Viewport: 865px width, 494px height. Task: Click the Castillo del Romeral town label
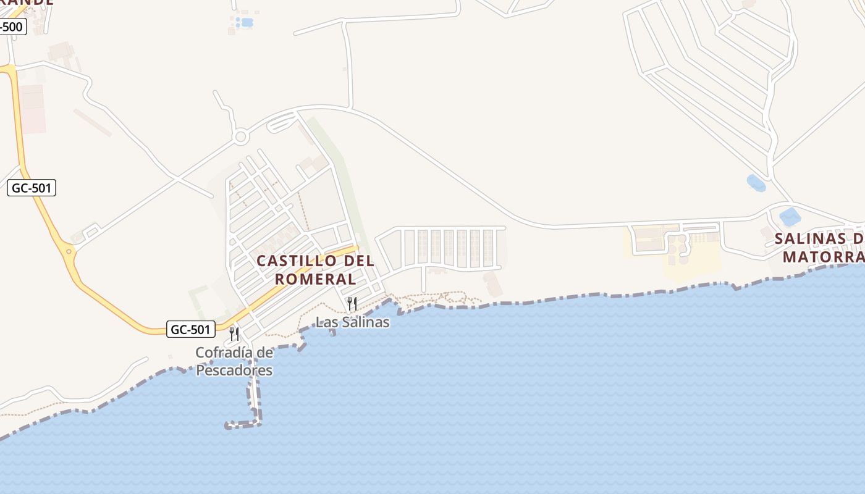click(x=315, y=270)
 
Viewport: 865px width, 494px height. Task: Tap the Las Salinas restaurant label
click(x=352, y=322)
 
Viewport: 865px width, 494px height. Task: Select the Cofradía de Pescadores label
click(x=234, y=361)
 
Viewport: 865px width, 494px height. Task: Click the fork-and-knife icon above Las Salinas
click(x=352, y=303)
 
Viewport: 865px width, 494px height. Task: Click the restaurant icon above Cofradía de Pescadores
click(x=234, y=334)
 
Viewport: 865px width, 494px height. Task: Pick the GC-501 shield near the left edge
click(x=32, y=188)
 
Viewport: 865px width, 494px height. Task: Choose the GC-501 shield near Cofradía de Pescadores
click(x=190, y=329)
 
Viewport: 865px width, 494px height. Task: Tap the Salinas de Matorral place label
click(x=819, y=247)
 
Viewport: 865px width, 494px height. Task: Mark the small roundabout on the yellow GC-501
click(x=69, y=251)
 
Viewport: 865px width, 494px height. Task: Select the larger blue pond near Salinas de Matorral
click(x=789, y=217)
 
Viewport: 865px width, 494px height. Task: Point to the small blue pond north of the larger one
click(x=756, y=183)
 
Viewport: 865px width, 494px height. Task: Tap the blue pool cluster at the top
click(x=245, y=23)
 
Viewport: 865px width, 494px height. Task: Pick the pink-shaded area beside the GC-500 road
click(x=32, y=109)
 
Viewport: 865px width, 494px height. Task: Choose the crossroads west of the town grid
click(x=177, y=179)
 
